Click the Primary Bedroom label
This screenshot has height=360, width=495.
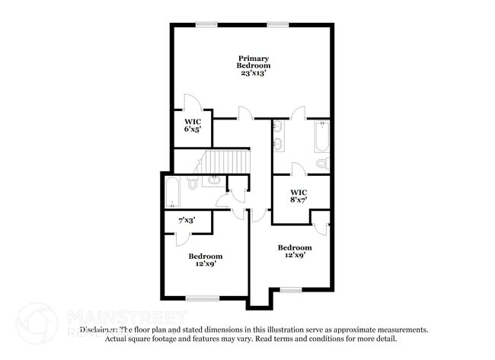coord(253,62)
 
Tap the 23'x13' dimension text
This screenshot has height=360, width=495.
coord(253,74)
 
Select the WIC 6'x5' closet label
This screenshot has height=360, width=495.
coord(191,125)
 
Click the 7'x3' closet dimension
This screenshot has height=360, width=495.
coord(187,220)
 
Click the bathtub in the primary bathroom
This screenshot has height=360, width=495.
coord(321,135)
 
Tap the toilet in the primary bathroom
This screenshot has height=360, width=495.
coord(321,163)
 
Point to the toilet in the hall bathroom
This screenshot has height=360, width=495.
coord(193,183)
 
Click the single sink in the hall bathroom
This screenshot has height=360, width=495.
coord(213,180)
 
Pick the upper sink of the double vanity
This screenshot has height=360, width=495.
coord(279,126)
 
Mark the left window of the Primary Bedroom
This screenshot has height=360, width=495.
coord(206,24)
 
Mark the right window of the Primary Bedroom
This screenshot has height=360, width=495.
coord(277,24)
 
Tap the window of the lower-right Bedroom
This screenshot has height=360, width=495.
coord(290,290)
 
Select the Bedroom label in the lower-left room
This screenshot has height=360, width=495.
coord(206,256)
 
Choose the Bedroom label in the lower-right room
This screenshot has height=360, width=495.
coord(294,247)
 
